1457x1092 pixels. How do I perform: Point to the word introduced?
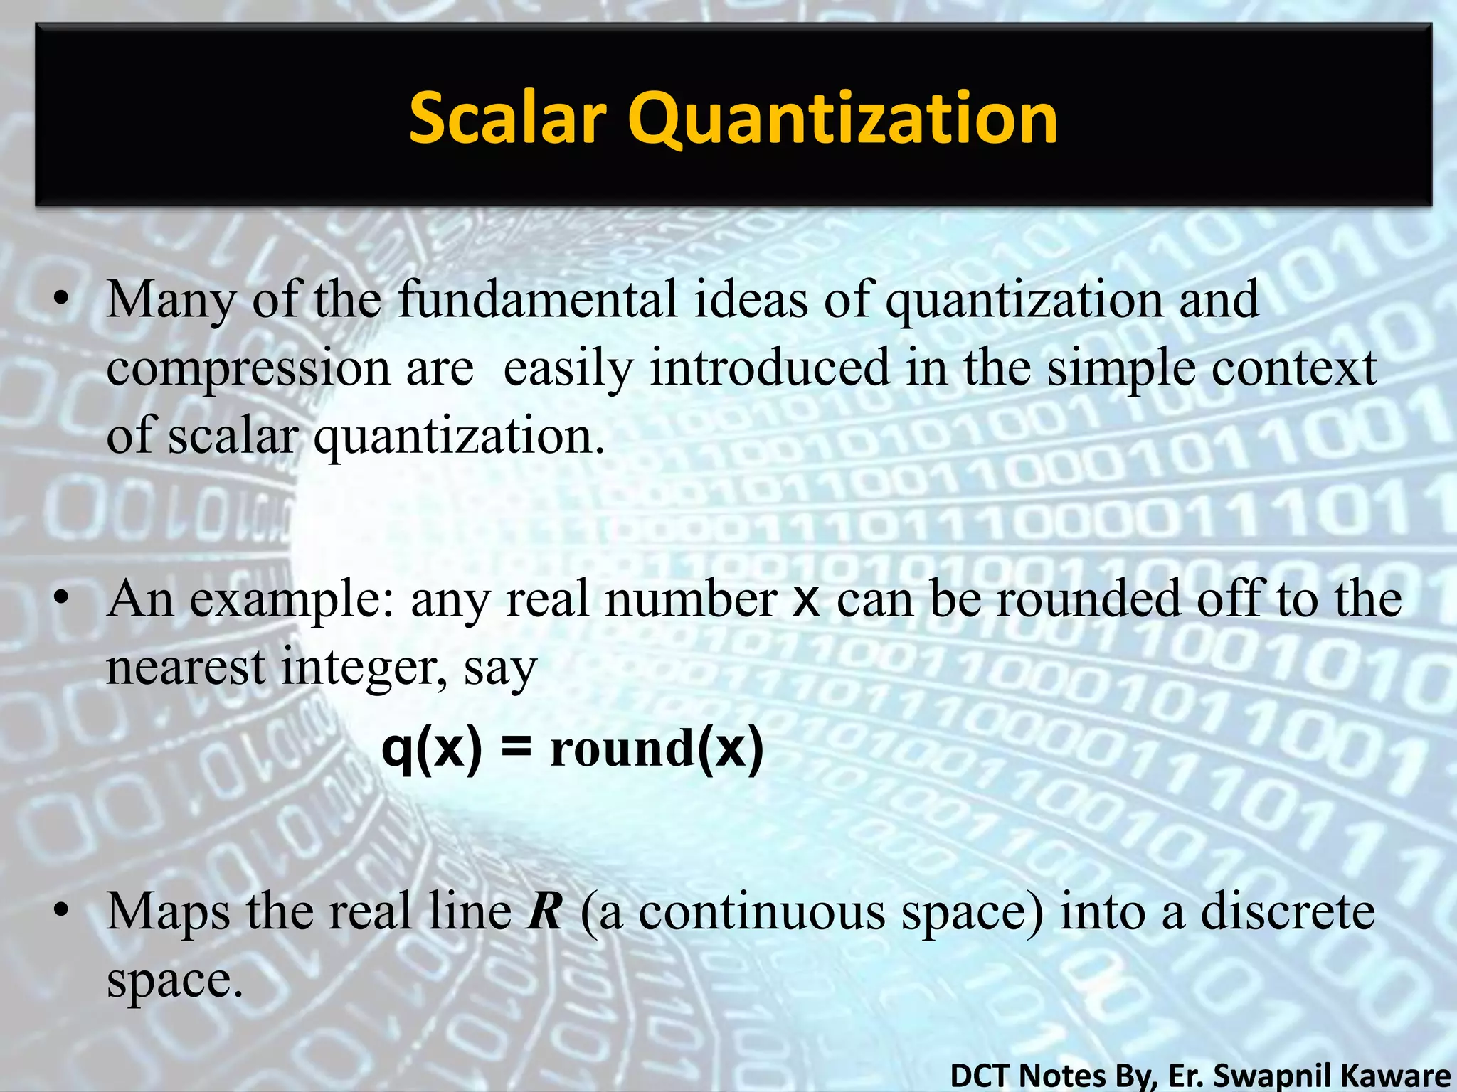point(770,368)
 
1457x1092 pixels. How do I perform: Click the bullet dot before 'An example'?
point(62,599)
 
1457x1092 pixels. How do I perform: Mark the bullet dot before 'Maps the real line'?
point(62,911)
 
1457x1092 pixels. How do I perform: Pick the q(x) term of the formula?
point(432,749)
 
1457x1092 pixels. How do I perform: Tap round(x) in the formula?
point(657,749)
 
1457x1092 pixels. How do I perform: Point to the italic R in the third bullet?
point(544,911)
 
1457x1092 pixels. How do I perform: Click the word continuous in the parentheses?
point(762,911)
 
